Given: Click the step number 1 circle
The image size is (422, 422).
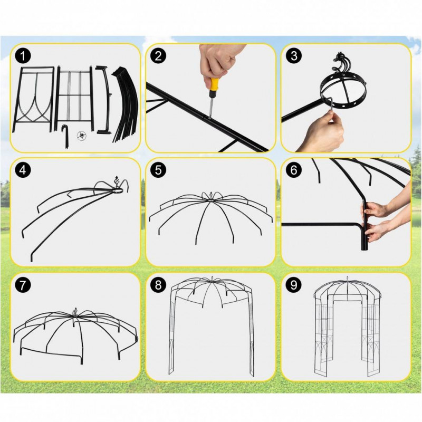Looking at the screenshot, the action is point(23,56).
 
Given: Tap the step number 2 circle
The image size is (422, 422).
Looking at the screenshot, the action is point(159,56).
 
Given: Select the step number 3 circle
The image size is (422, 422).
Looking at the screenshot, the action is point(294,56).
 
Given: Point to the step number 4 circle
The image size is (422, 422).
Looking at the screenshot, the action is point(23,170).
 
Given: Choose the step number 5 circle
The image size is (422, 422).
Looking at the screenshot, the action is point(159,170).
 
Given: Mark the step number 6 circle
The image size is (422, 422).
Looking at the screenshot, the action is point(294,170).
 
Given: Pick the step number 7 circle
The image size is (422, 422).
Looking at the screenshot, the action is point(23,285).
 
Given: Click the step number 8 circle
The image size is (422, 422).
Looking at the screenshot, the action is point(159,285).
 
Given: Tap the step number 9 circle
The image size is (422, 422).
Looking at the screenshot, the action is point(294,285).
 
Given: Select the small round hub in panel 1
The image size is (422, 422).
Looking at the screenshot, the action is point(82,136).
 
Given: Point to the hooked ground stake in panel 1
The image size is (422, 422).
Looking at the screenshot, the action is point(65,136).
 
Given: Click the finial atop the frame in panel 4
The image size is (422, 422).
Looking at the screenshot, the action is point(117,183).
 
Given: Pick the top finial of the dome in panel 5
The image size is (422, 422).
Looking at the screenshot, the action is point(210,194).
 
